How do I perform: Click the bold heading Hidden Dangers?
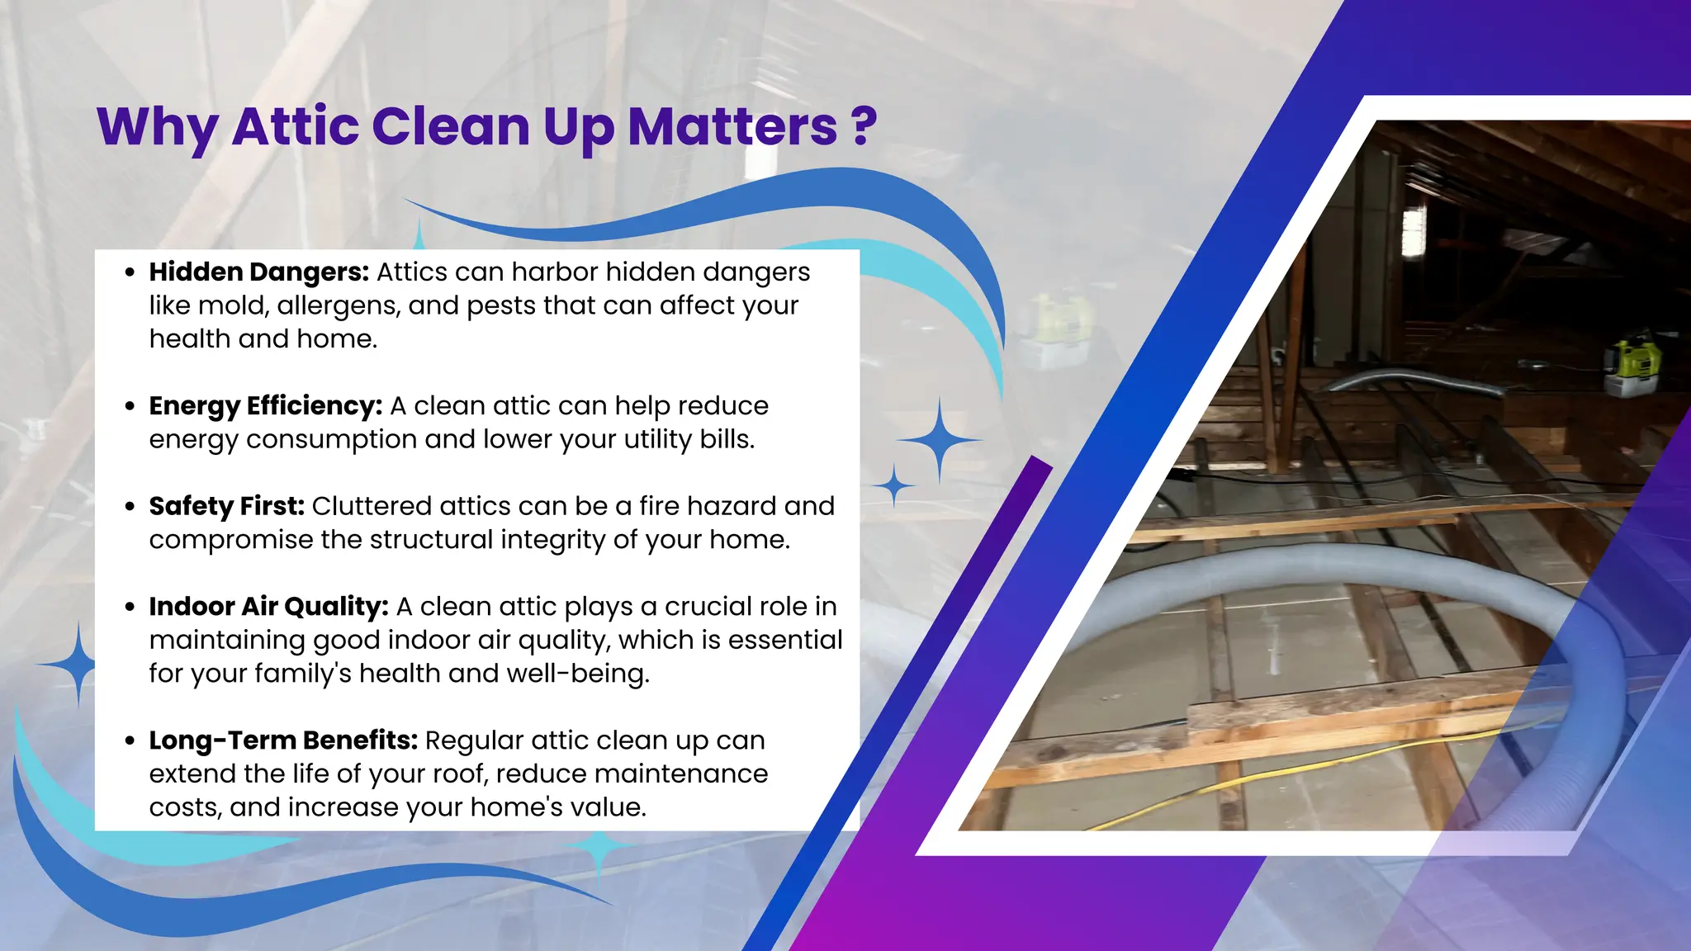[x=258, y=272]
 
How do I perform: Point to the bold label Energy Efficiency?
[x=265, y=406]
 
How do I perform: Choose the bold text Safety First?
[x=226, y=506]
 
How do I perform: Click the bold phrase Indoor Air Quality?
[x=268, y=607]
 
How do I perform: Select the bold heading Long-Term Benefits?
[x=283, y=740]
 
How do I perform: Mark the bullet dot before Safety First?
[x=130, y=507]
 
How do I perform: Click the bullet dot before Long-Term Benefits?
[x=130, y=741]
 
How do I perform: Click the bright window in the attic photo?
[x=1413, y=227]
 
